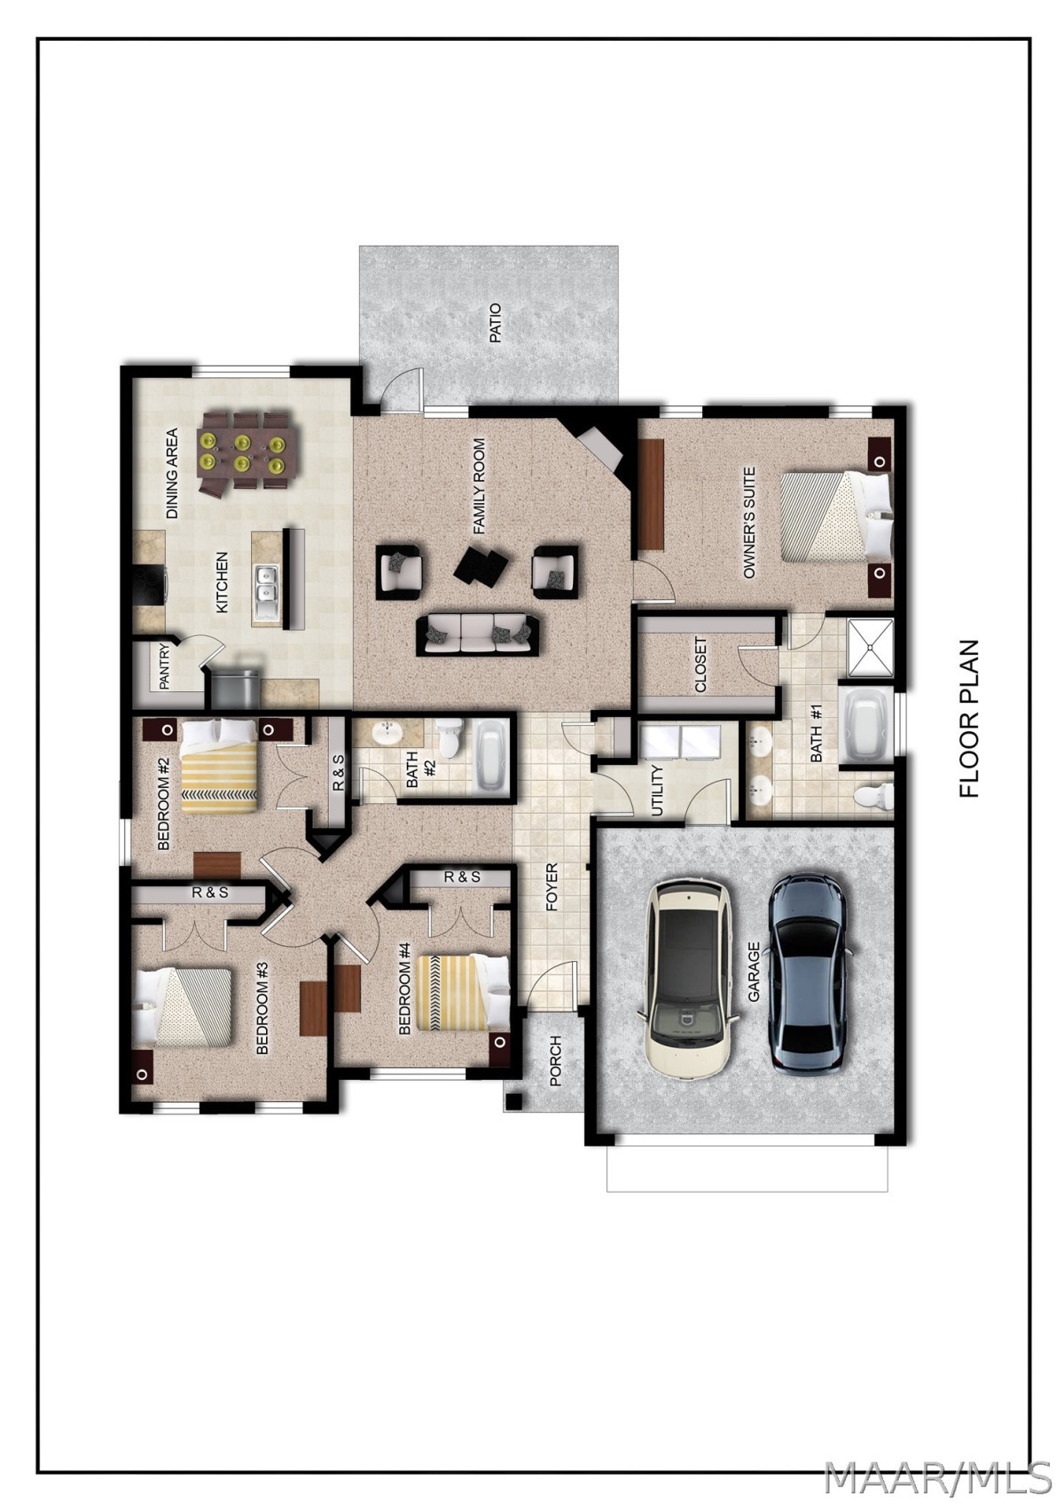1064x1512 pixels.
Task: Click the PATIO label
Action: pyautogui.click(x=496, y=323)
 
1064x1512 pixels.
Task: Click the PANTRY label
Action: pyautogui.click(x=163, y=667)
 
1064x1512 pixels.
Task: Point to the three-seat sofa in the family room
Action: pyautogui.click(x=479, y=634)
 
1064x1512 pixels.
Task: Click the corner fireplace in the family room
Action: pyautogui.click(x=597, y=448)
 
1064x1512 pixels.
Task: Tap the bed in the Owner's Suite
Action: pyautogui.click(x=836, y=516)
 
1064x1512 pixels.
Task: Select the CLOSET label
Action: pyautogui.click(x=700, y=665)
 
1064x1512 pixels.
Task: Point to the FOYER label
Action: pyautogui.click(x=552, y=887)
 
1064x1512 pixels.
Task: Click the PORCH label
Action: pyautogui.click(x=555, y=1061)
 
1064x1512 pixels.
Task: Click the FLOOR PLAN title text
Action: pyautogui.click(x=969, y=720)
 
